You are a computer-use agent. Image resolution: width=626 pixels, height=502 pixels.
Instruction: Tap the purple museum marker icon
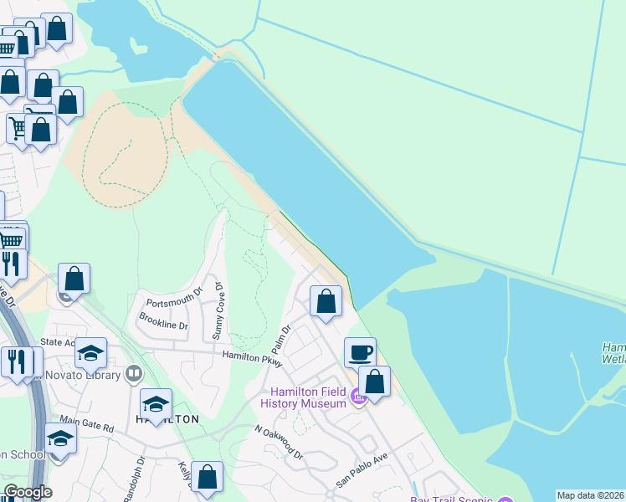click(358, 399)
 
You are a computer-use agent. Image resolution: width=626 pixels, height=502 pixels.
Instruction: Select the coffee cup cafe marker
click(360, 352)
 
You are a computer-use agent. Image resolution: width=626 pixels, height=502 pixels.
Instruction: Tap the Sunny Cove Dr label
click(219, 310)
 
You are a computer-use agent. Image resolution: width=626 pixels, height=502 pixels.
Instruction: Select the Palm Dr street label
click(280, 339)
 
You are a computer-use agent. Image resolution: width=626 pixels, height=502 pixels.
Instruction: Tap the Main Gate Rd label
click(86, 427)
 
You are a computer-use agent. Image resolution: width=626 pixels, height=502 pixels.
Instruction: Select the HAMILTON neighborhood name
click(167, 419)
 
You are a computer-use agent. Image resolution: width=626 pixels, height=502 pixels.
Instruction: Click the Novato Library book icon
click(133, 373)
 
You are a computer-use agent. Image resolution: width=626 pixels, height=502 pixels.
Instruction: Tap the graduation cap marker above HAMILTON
click(156, 405)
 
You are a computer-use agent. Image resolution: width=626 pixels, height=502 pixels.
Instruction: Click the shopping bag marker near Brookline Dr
click(74, 279)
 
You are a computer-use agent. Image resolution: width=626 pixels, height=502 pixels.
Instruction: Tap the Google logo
click(27, 492)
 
